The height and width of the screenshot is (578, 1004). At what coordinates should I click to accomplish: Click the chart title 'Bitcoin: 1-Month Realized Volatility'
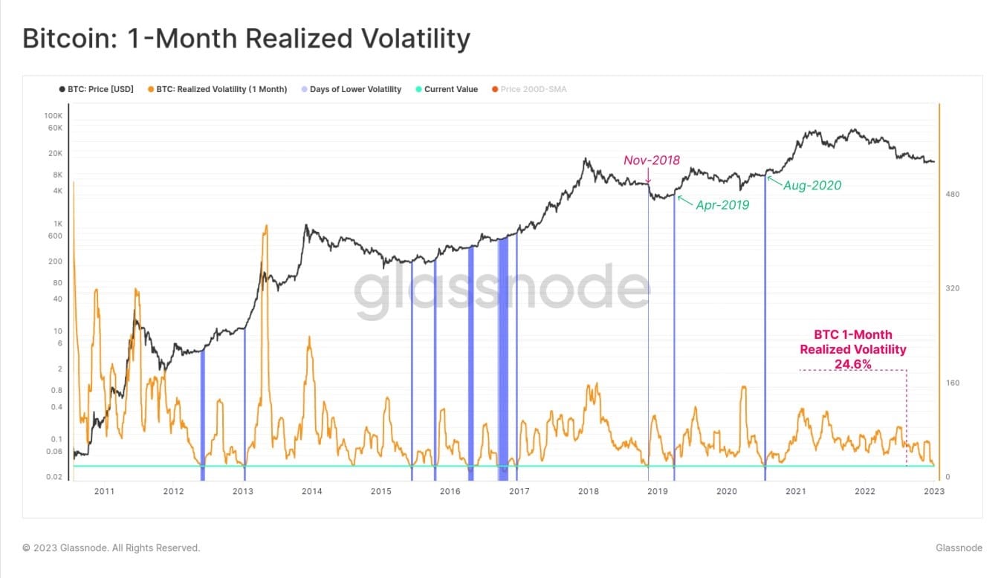[246, 39]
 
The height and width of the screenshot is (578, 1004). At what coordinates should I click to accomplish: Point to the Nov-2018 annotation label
[651, 160]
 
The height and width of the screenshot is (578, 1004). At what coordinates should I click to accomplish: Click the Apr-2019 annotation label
[722, 205]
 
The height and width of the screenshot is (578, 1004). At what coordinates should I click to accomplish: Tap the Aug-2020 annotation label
[812, 185]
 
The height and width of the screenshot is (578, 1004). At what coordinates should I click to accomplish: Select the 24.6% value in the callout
[852, 363]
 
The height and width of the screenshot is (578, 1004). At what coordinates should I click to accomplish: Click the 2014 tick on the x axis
[311, 491]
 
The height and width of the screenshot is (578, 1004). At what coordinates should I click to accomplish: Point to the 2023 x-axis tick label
[934, 491]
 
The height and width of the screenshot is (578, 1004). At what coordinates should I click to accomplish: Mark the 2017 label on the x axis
[519, 491]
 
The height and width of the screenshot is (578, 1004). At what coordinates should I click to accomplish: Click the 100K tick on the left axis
[54, 116]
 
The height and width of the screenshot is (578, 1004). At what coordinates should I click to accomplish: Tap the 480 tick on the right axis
[953, 195]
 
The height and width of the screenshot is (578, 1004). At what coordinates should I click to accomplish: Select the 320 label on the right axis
[953, 288]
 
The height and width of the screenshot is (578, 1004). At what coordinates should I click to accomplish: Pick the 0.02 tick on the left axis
[54, 477]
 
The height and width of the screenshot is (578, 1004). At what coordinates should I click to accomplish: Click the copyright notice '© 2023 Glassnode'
[111, 548]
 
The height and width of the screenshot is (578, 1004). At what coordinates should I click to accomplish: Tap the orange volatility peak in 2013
[265, 226]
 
